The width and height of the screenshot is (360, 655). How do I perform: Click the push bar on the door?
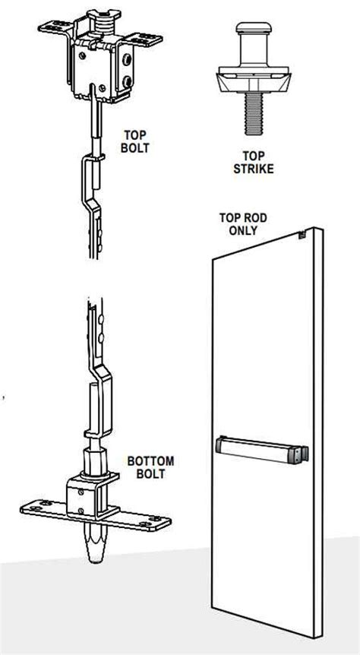click(x=262, y=448)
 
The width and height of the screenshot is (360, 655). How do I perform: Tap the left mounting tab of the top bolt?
click(x=51, y=30)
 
